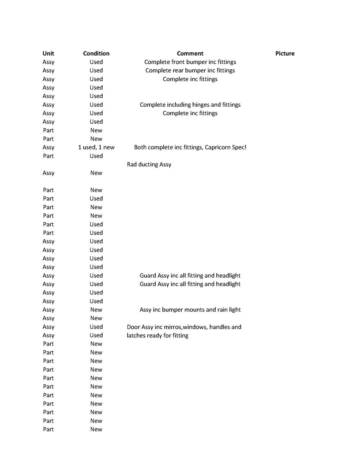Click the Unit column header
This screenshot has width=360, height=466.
(48, 54)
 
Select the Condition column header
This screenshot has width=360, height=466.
(96, 54)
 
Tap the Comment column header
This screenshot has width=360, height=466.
(190, 54)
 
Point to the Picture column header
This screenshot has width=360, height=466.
(285, 54)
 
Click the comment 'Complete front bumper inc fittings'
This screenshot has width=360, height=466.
(190, 62)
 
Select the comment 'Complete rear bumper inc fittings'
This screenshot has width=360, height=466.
(190, 71)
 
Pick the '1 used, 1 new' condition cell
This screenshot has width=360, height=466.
(96, 148)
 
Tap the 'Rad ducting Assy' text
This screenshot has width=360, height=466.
(149, 165)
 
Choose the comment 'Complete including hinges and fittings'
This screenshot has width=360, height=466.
(190, 105)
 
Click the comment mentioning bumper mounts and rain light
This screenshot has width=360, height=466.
(190, 310)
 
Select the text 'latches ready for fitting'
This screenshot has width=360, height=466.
(157, 336)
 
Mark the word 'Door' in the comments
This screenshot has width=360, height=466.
(133, 327)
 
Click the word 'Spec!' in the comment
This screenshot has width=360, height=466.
(239, 148)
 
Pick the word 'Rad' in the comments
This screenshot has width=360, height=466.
(132, 165)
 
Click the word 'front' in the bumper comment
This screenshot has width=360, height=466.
(178, 62)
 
